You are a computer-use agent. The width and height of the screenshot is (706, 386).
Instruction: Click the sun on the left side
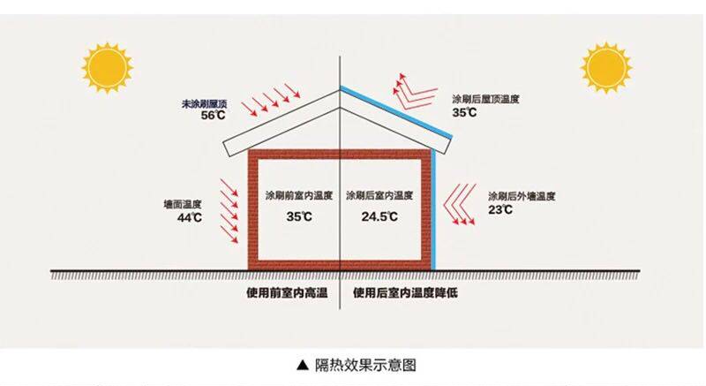[106, 68]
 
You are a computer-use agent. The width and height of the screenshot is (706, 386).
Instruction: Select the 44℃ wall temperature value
[189, 217]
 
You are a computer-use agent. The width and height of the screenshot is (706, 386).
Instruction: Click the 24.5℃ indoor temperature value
[379, 216]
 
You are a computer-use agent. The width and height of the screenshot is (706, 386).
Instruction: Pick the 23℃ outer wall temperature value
[501, 209]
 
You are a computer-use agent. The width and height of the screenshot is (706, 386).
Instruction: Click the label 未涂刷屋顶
[206, 103]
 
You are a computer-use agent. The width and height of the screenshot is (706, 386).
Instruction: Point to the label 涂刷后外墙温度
[521, 195]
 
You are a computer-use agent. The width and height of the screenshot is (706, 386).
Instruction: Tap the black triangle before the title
[303, 364]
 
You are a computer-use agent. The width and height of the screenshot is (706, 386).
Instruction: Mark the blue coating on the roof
[397, 110]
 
